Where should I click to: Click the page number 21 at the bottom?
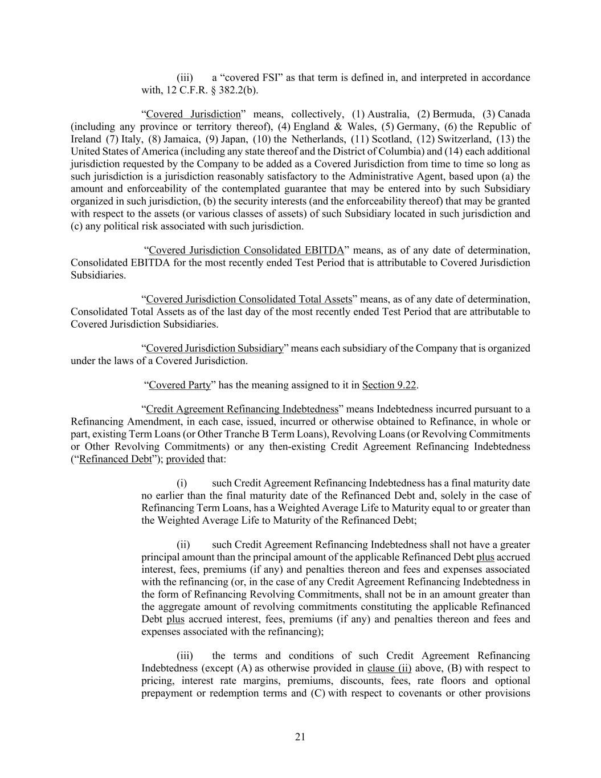[300, 737]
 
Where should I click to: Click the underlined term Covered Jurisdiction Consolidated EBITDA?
[246, 250]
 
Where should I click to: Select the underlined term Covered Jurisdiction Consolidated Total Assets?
[249, 299]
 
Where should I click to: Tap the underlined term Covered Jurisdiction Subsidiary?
[215, 348]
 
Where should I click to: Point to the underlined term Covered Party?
[179, 385]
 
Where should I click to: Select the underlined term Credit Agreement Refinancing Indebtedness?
[242, 409]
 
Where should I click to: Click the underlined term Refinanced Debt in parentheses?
[116, 459]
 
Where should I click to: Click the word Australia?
[388, 114]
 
